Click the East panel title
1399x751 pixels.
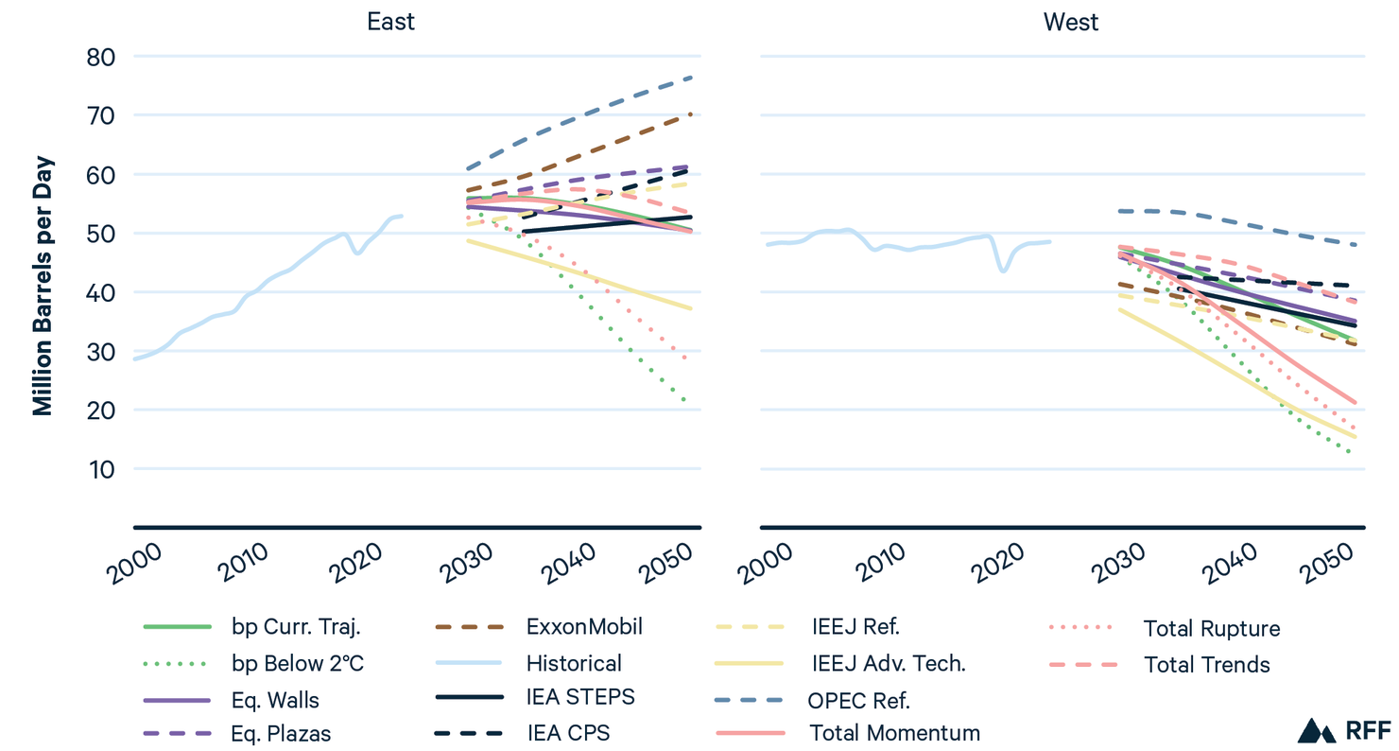390,22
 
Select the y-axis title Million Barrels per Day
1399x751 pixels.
43,284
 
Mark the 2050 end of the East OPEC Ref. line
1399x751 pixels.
693,78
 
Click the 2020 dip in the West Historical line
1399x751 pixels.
1002,271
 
